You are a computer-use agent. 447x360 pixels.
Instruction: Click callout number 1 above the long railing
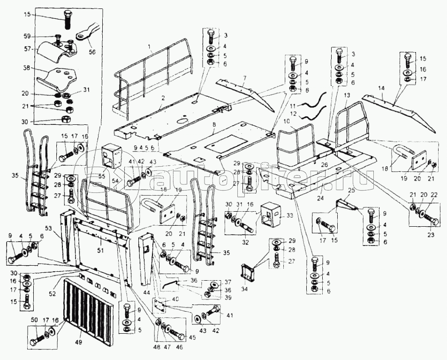[149, 46]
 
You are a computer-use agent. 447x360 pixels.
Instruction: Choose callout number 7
[244, 77]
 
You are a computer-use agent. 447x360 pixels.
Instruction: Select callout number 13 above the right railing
[347, 96]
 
